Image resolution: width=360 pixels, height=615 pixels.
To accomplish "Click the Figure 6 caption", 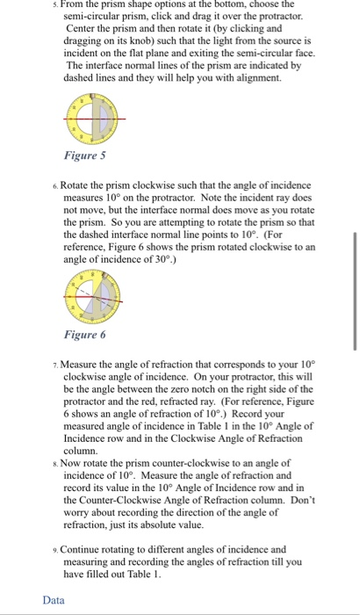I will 85,335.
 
